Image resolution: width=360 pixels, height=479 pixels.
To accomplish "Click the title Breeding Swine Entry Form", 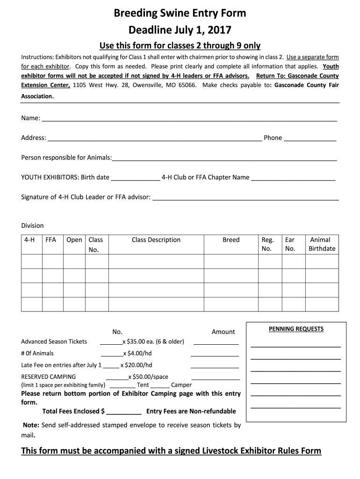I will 180,14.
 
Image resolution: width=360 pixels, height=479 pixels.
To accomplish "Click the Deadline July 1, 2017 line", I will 180,30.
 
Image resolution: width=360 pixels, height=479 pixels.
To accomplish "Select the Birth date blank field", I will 135,179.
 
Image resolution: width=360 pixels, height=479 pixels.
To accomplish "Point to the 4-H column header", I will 30,240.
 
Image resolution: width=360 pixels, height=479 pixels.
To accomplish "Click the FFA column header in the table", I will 50,240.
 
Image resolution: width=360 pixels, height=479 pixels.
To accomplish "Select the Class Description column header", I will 156,240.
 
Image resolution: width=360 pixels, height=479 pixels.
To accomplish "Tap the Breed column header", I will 231,240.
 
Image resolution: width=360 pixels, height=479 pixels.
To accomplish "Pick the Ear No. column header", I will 290,244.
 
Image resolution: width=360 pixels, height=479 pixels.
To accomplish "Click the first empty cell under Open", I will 74,261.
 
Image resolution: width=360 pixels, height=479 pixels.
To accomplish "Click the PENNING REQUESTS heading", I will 296,329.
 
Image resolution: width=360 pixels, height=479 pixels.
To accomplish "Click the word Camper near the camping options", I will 181,385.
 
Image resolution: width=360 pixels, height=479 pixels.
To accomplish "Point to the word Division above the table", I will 32,225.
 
